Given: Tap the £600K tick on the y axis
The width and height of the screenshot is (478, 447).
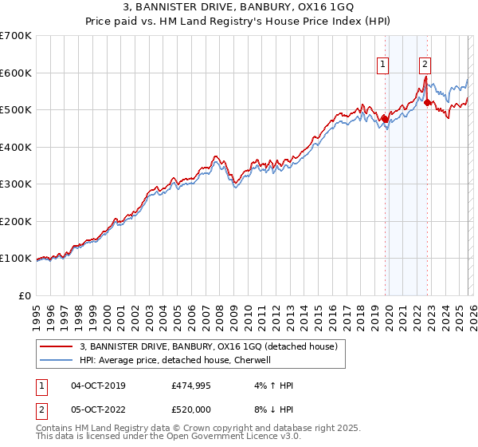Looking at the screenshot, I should [16, 73].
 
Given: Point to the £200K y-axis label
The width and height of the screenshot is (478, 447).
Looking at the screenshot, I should [16, 221].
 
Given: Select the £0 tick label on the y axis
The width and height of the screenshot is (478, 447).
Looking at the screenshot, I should [25, 295].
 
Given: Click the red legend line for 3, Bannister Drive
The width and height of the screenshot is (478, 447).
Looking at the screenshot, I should [56, 346].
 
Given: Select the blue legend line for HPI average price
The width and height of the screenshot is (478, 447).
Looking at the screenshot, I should [56, 360].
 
